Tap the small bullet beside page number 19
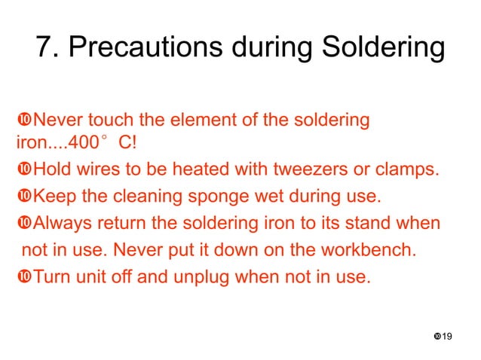437,334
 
